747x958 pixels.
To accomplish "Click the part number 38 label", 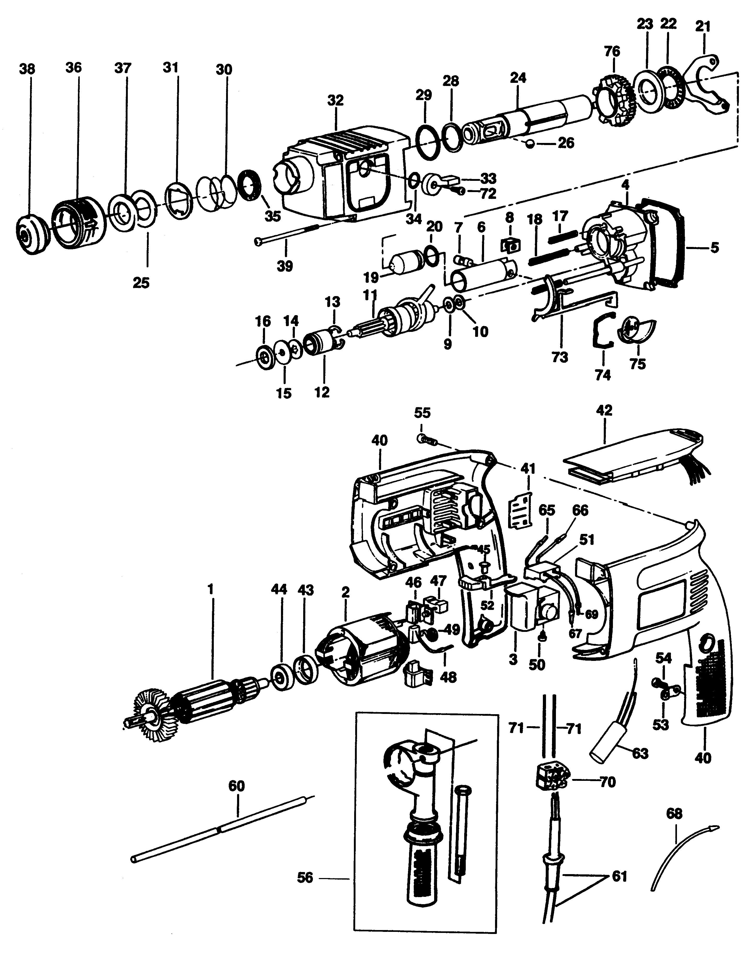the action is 27,69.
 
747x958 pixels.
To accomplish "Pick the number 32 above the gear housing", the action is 336,100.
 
